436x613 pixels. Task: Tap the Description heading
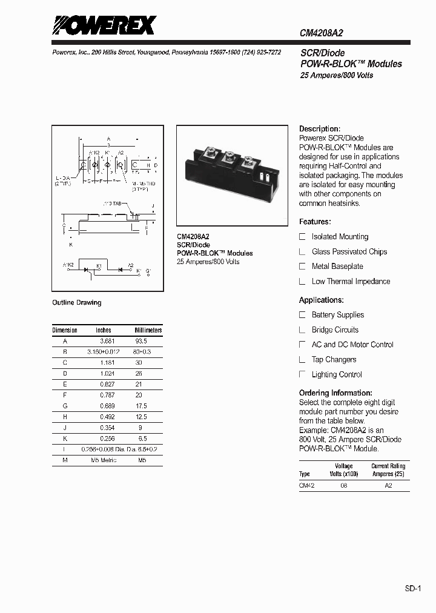[x=320, y=129]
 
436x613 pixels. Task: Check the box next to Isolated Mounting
[x=303, y=236]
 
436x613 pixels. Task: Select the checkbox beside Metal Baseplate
[x=303, y=266]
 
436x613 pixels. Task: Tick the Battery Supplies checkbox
[x=303, y=314]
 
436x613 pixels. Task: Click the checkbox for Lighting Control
[x=303, y=374]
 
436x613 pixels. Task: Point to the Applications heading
[x=322, y=300]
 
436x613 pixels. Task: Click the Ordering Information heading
[x=335, y=393]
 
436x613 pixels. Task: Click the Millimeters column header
[x=148, y=330]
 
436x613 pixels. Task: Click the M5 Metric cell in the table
[x=104, y=460]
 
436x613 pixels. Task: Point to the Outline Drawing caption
[x=77, y=302]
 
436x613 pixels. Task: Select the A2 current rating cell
[x=388, y=486]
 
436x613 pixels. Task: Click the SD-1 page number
[x=413, y=588]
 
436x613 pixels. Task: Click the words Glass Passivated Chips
[x=349, y=251]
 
